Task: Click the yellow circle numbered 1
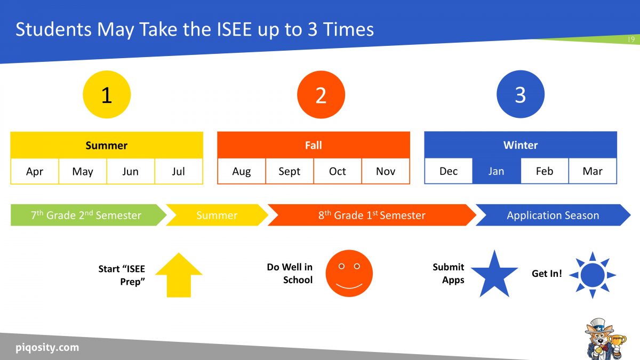tap(107, 95)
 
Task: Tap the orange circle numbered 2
tap(321, 95)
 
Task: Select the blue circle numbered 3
tap(520, 95)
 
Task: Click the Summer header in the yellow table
tap(107, 145)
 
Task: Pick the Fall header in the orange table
tap(314, 145)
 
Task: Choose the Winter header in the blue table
tap(521, 145)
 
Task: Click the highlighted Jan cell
tap(497, 171)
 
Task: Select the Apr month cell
tap(35, 171)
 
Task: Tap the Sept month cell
tap(290, 171)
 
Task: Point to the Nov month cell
tap(386, 171)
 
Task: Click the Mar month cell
tap(593, 171)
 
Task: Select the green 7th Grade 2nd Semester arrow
tap(85, 215)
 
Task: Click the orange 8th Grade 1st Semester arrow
tap(372, 215)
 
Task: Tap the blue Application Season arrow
tap(553, 215)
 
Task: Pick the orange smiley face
tap(349, 274)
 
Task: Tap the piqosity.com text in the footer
tap(47, 348)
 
